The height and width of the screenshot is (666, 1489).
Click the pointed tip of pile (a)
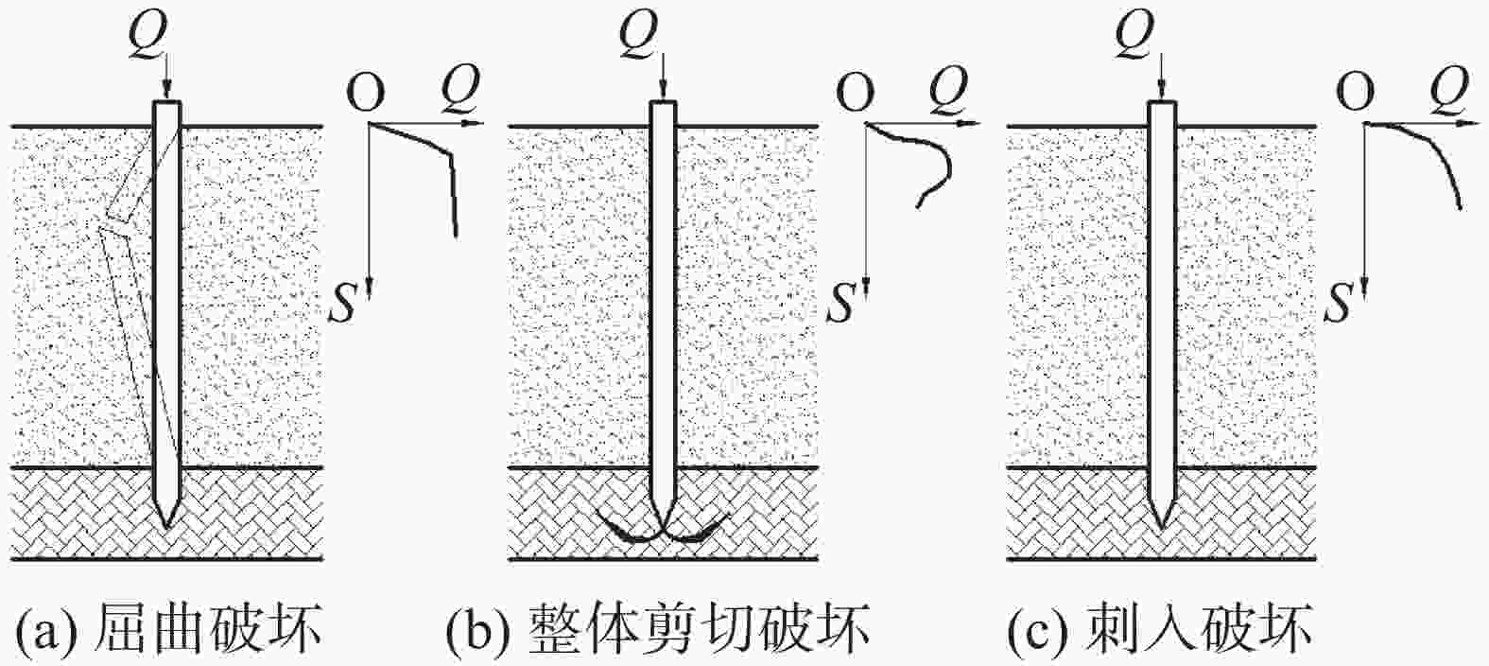coord(166,523)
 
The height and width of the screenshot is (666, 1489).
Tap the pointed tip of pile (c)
coord(1162,523)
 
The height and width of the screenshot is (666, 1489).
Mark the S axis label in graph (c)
coord(1341,306)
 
